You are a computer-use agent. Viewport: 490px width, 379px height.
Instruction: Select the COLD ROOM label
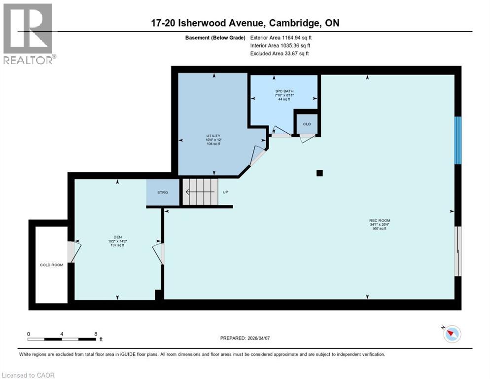(x=52, y=265)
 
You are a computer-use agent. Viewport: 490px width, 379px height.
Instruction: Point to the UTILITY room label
(x=213, y=136)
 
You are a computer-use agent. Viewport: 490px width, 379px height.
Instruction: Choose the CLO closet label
(x=307, y=124)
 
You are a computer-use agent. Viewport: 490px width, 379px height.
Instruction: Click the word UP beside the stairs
(x=225, y=192)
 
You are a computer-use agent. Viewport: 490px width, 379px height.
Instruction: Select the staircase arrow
(x=199, y=192)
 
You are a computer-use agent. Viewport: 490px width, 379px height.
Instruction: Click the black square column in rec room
(x=319, y=173)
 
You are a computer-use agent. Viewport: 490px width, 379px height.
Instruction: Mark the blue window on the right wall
(x=458, y=140)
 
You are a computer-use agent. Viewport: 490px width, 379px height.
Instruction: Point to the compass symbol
(x=452, y=334)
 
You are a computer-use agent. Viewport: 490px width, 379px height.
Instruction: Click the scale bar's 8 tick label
(x=95, y=334)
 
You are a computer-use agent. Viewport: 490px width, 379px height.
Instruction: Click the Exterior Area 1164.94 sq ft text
(x=281, y=38)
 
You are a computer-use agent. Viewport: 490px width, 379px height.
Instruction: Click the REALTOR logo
(x=28, y=34)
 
